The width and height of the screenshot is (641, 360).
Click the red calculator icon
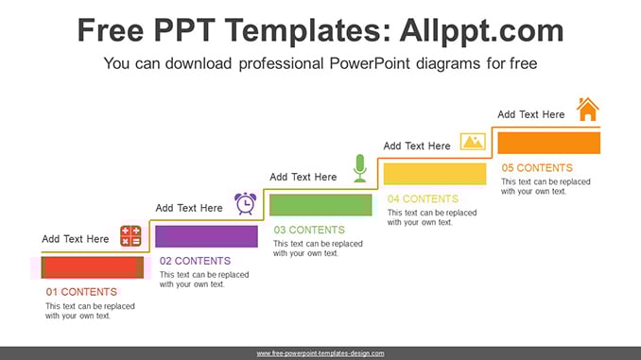pyautogui.click(x=130, y=236)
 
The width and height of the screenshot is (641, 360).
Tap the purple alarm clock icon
pyautogui.click(x=245, y=203)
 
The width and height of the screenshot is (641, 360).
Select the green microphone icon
pyautogui.click(x=360, y=168)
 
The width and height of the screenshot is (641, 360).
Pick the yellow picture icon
pyautogui.click(x=473, y=142)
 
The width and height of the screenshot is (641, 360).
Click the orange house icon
pyautogui.click(x=588, y=109)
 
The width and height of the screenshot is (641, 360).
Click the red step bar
pyautogui.click(x=93, y=267)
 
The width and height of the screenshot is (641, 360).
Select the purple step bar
pyautogui.click(x=206, y=236)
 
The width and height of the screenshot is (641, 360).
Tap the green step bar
pyautogui.click(x=320, y=205)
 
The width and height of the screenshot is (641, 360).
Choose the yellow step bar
pyautogui.click(x=435, y=174)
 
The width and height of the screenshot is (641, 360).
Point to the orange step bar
pyautogui.click(x=549, y=143)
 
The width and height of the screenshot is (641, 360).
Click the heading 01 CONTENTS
pyautogui.click(x=81, y=292)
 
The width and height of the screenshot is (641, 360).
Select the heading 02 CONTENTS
pyautogui.click(x=195, y=261)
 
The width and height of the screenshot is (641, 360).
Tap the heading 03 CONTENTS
pyautogui.click(x=309, y=230)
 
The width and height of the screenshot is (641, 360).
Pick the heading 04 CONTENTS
pyautogui.click(x=424, y=198)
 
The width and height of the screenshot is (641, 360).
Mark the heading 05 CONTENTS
pyautogui.click(x=537, y=167)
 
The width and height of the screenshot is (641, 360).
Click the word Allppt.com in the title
pyautogui.click(x=481, y=30)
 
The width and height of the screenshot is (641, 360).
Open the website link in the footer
pyautogui.click(x=320, y=353)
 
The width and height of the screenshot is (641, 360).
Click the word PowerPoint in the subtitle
pyautogui.click(x=370, y=63)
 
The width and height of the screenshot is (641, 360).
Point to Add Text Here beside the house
pyautogui.click(x=531, y=114)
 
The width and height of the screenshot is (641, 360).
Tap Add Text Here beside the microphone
pyautogui.click(x=303, y=177)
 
